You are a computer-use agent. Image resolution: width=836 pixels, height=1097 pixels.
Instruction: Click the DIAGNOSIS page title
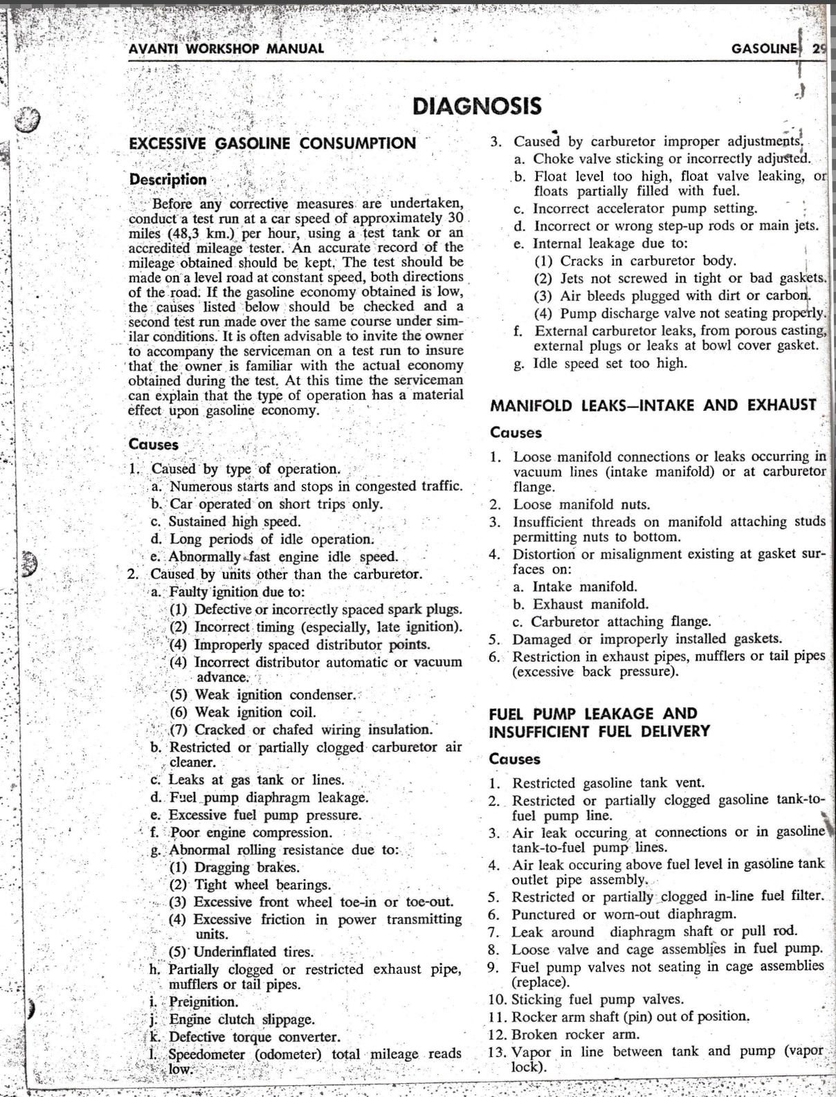click(x=477, y=106)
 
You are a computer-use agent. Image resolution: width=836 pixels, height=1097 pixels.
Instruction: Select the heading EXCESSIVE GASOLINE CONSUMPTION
click(x=273, y=143)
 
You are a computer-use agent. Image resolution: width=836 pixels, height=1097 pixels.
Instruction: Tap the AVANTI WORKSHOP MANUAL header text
click(x=226, y=49)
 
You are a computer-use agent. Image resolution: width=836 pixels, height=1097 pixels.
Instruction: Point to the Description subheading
click(x=167, y=179)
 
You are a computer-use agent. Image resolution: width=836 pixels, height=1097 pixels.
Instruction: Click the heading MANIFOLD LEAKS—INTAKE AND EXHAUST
click(x=653, y=405)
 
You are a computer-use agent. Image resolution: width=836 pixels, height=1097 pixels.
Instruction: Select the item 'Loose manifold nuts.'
click(x=581, y=504)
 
